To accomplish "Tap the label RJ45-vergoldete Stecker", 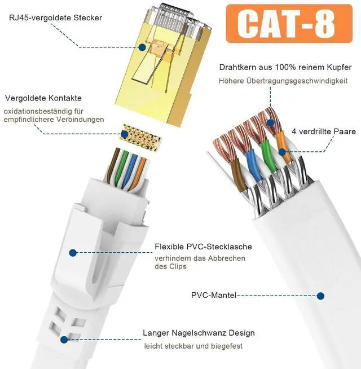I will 55,18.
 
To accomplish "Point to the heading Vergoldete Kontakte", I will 43,98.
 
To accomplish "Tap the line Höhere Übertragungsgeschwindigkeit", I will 283,81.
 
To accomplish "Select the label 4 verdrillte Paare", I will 324,131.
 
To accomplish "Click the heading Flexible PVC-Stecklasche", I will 203,247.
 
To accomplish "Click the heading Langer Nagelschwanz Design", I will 199,333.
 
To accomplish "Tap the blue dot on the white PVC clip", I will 72,253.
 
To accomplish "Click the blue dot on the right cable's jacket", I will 320,295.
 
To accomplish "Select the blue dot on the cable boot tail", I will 64,340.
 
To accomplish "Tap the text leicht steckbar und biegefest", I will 193,346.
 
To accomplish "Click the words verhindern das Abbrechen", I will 200,258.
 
